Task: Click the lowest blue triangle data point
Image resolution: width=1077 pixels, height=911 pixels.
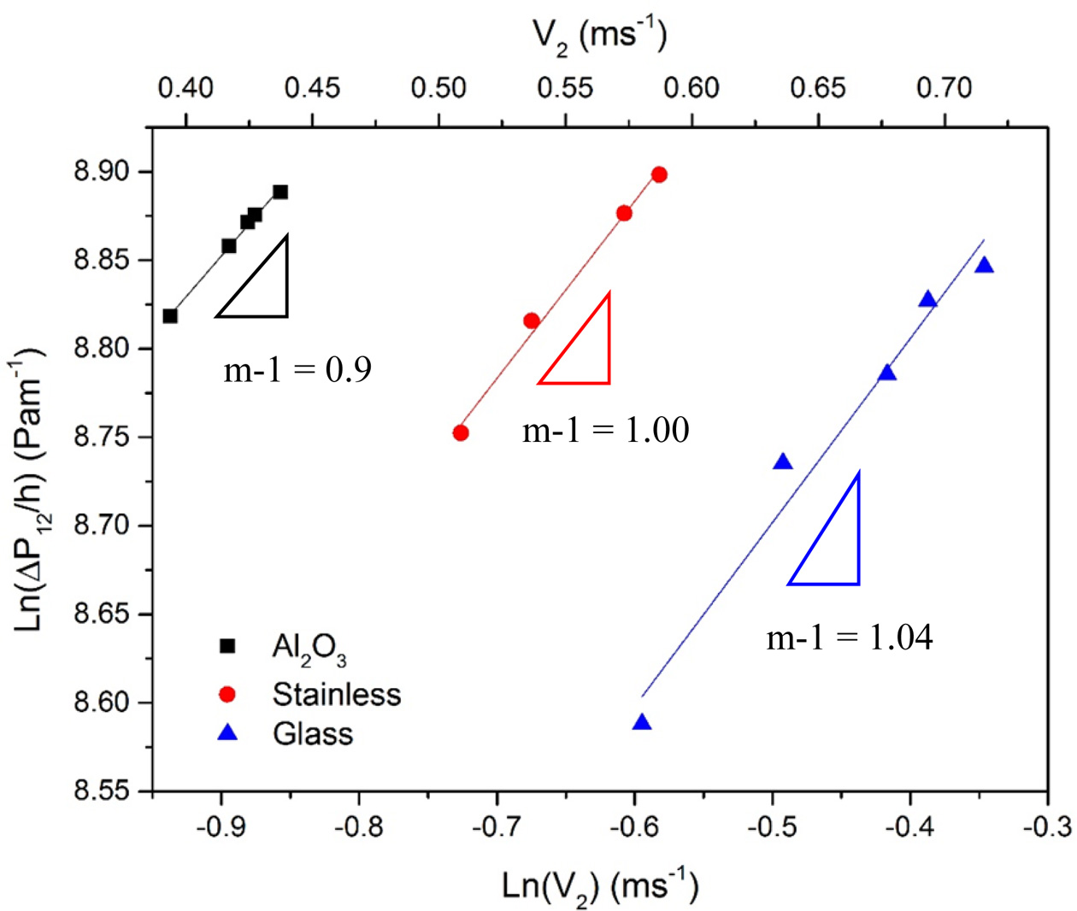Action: (642, 723)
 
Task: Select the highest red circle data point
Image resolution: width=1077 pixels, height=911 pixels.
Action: (659, 174)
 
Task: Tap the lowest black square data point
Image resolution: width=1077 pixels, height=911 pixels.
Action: (170, 316)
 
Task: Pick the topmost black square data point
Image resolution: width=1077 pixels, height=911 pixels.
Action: (280, 192)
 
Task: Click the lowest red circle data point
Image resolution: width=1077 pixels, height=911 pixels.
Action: (461, 432)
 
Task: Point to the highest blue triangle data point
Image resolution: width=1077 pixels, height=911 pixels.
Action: (985, 266)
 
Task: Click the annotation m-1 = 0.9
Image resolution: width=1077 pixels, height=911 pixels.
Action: (297, 370)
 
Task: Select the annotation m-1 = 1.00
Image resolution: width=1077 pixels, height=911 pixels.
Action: (605, 430)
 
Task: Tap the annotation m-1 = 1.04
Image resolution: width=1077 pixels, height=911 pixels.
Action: (849, 638)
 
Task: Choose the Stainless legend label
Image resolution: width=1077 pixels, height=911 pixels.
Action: (337, 694)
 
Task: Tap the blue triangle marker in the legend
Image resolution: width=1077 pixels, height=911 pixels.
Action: (227, 733)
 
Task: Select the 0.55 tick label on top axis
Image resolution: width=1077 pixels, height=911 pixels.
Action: (565, 88)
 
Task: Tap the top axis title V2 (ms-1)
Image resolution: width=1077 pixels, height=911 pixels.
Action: (600, 36)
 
